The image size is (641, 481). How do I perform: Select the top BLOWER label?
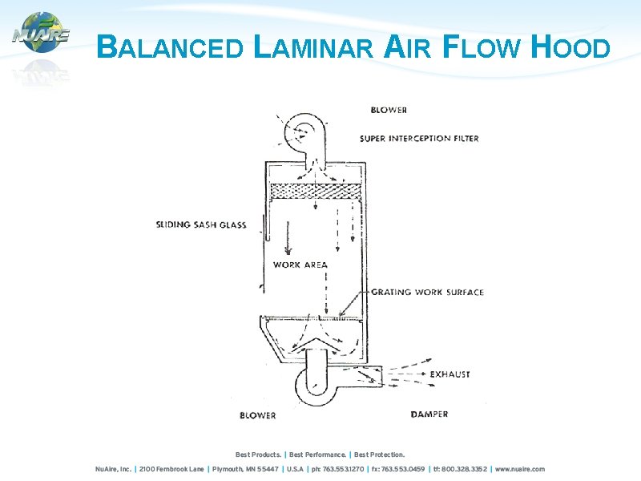point(389,110)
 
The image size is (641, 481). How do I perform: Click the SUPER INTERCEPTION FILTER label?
point(419,139)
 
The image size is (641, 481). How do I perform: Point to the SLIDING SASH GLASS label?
point(201,225)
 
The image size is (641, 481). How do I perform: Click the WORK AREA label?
point(300,265)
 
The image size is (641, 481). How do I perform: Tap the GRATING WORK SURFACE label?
point(427,293)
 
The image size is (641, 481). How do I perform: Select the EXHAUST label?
point(450,374)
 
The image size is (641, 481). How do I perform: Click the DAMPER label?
point(429,414)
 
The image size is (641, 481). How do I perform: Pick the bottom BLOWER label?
point(258,415)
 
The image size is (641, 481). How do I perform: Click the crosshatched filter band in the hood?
point(316,192)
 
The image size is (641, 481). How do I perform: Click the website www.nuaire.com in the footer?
point(520,469)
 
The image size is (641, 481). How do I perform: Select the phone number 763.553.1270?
point(345,469)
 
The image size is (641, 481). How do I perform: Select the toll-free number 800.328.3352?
point(466,469)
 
